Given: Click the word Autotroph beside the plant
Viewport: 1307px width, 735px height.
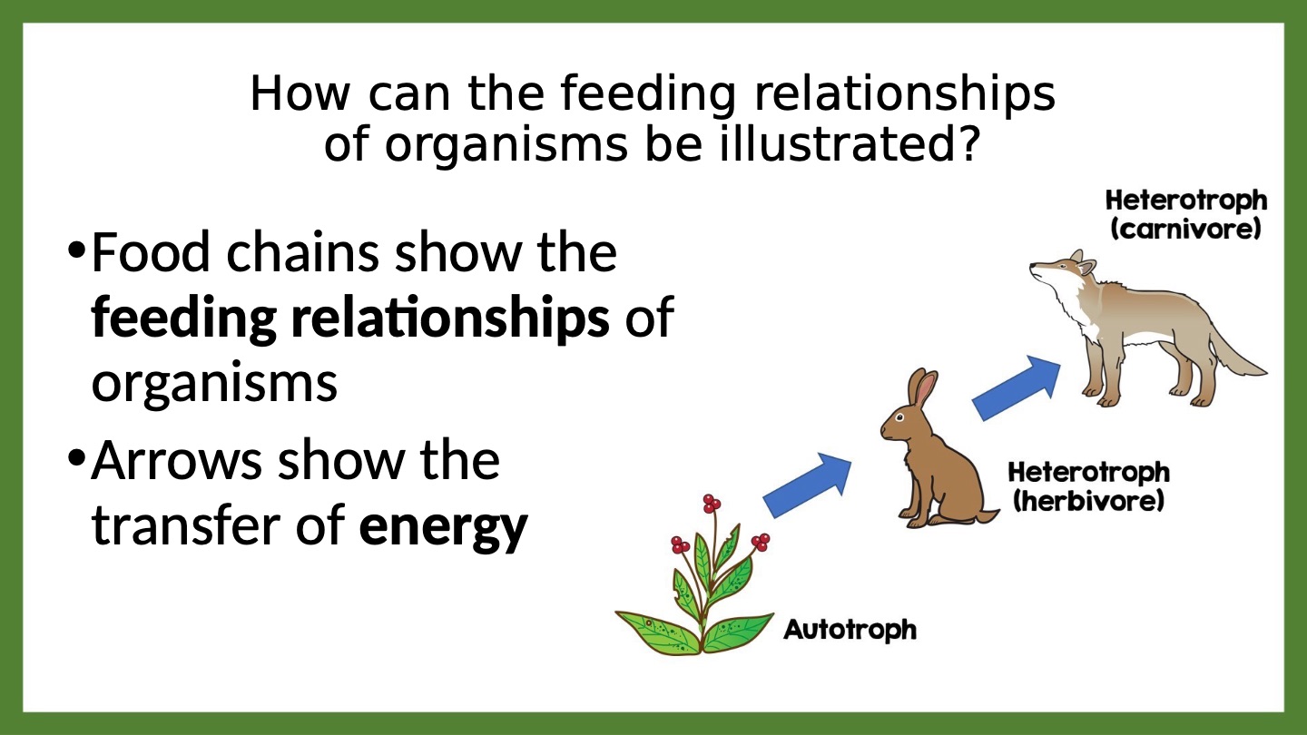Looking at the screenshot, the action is (x=850, y=631).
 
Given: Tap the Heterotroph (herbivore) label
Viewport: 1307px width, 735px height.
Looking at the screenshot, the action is (x=1089, y=486).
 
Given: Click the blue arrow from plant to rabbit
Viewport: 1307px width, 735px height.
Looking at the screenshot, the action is (x=808, y=485).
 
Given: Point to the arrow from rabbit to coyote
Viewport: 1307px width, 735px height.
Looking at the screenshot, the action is (x=1017, y=388).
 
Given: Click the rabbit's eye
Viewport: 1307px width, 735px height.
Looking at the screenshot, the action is (x=899, y=417).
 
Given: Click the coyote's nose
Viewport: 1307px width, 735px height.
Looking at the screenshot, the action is (x=1032, y=267).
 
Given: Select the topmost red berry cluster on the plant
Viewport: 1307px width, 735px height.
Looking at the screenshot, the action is (x=712, y=503).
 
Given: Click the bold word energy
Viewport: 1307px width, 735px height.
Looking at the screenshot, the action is (x=444, y=527).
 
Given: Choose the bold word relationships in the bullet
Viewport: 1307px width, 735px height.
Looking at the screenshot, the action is (x=450, y=319).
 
